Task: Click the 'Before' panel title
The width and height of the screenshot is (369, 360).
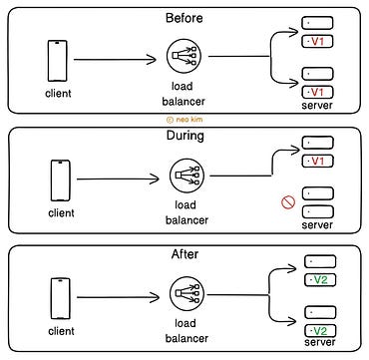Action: coord(184,17)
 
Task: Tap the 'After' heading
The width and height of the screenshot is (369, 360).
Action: coord(184,254)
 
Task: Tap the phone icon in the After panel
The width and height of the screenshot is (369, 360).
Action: coord(60,298)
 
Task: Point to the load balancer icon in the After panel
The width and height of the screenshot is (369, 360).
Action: coord(185,297)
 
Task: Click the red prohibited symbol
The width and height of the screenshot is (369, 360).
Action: coord(288,203)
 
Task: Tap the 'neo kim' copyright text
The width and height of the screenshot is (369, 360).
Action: coord(184,118)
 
